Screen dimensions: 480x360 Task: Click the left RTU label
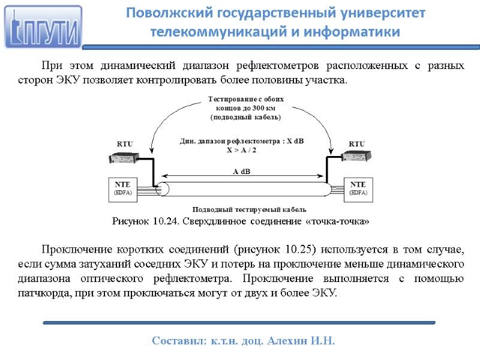124,143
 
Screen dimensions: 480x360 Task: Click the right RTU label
356,143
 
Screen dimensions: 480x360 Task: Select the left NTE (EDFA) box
122,188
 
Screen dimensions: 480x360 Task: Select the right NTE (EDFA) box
358,188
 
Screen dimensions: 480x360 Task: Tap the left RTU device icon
124,157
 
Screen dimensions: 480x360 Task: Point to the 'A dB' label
241,172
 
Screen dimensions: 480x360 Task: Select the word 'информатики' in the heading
360,31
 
